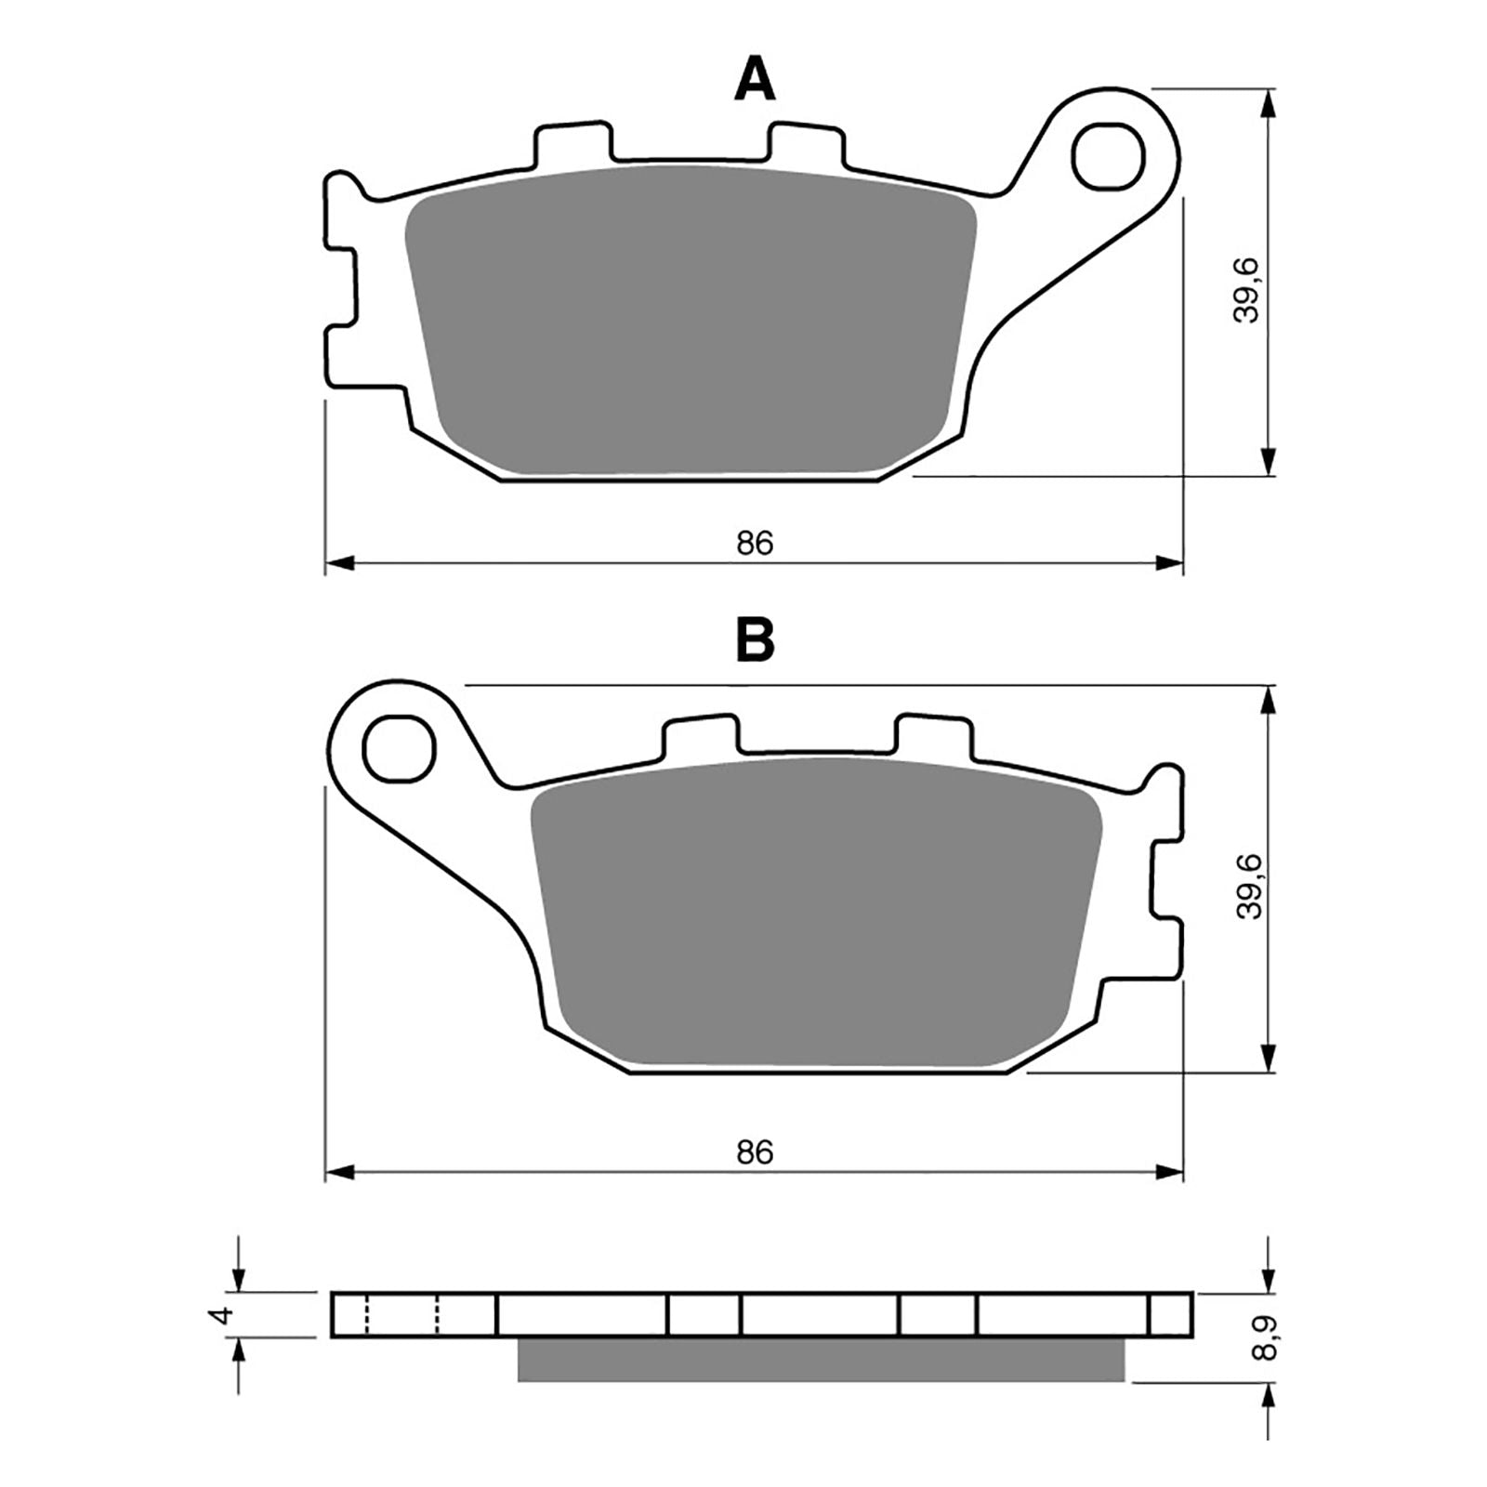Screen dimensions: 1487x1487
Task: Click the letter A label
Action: click(754, 79)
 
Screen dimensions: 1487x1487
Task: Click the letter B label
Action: click(755, 641)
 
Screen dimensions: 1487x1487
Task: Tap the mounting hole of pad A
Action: click(1107, 156)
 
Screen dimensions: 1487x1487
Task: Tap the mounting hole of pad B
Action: click(400, 749)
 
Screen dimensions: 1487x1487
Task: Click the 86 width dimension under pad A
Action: click(755, 544)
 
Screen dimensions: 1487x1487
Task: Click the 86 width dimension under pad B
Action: click(755, 1152)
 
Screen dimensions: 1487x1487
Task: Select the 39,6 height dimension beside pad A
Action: click(1245, 291)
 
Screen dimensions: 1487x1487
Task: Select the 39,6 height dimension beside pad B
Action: click(1249, 888)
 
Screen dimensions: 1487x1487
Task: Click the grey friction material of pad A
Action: click(692, 321)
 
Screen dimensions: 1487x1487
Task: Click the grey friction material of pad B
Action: click(816, 915)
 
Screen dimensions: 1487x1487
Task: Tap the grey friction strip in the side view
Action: click(820, 1360)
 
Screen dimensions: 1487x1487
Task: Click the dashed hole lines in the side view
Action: click(401, 1315)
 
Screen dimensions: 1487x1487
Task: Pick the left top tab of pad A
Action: click(572, 142)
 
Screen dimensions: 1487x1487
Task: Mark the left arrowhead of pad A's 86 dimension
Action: click(340, 563)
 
